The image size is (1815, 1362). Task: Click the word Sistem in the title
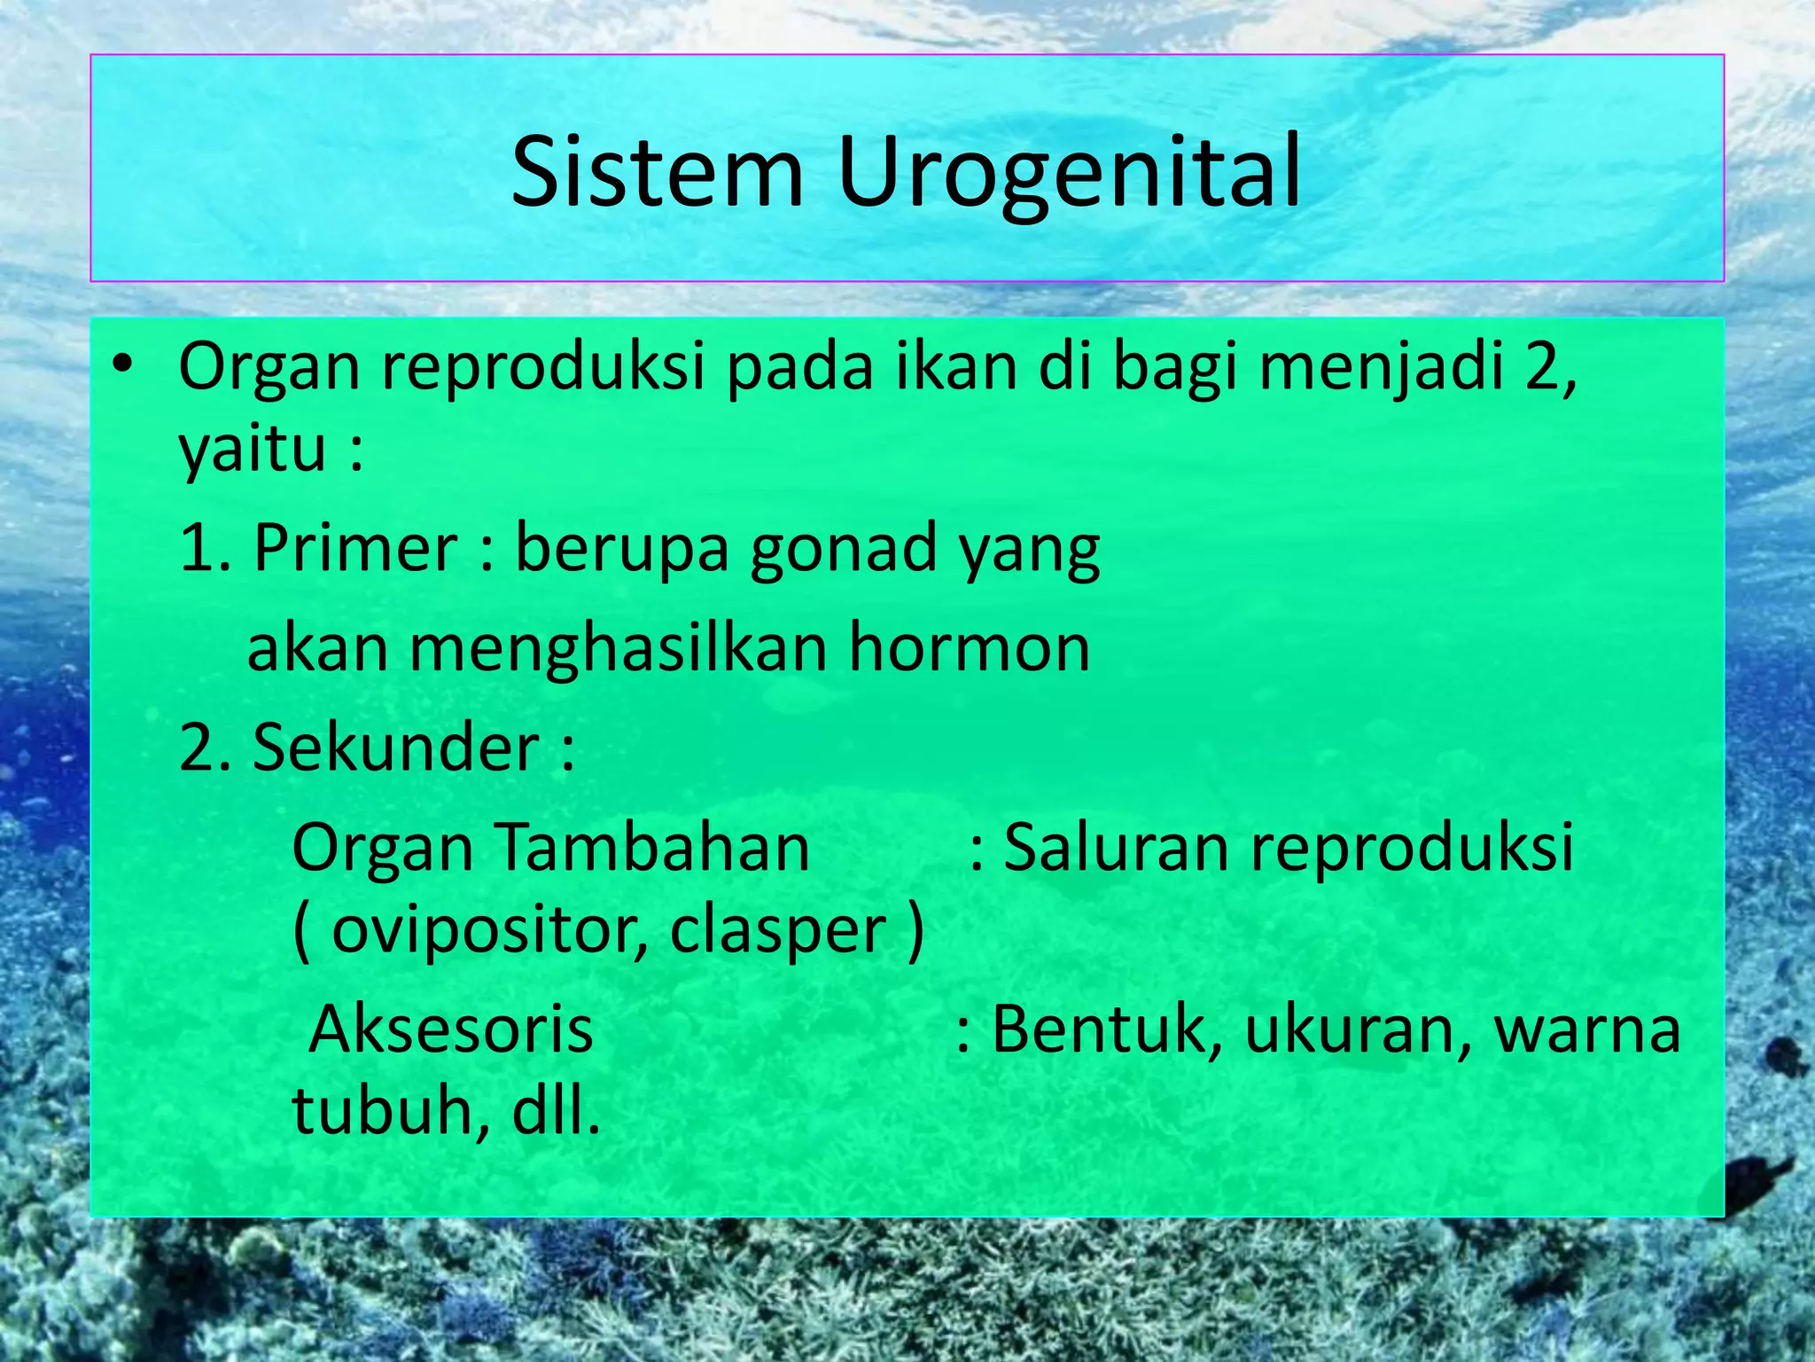tap(657, 172)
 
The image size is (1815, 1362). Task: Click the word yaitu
tap(253, 450)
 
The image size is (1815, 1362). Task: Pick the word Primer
tap(354, 549)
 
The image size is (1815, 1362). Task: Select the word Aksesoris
tap(451, 1029)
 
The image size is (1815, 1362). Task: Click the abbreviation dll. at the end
tap(556, 1112)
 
